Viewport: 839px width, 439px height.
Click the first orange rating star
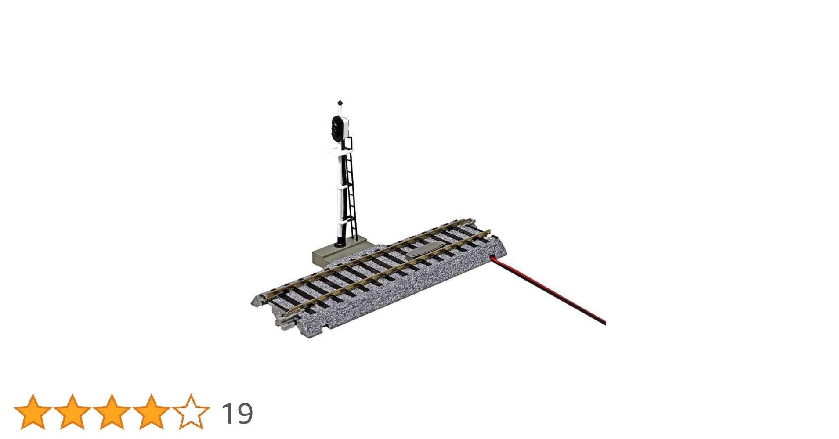[x=33, y=412]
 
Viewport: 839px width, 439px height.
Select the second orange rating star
[x=72, y=412]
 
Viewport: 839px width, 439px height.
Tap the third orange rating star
[x=112, y=412]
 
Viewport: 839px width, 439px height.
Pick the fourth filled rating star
[x=151, y=412]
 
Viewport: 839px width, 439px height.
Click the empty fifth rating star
[x=191, y=412]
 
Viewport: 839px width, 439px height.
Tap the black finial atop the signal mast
[x=340, y=103]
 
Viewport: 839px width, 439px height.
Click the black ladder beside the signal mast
[x=350, y=189]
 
